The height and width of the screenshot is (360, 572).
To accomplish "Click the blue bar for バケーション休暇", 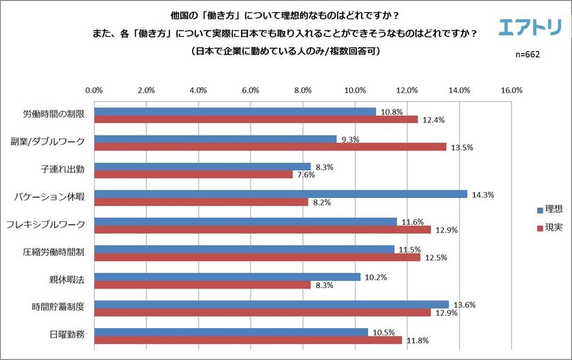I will (280, 194).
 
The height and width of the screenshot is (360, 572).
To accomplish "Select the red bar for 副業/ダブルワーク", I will (270, 146).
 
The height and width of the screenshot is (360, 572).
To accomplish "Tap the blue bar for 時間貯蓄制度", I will (271, 304).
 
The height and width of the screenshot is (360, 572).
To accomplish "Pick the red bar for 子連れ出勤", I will (193, 174).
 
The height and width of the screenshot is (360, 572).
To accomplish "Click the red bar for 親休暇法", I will (202, 284).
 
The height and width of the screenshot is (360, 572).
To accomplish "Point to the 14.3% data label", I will (482, 195).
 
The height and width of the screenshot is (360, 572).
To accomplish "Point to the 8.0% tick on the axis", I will (302, 90).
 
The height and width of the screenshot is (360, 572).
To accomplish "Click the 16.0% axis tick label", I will (511, 90).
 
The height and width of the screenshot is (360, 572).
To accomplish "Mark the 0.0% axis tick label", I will (93, 90).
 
